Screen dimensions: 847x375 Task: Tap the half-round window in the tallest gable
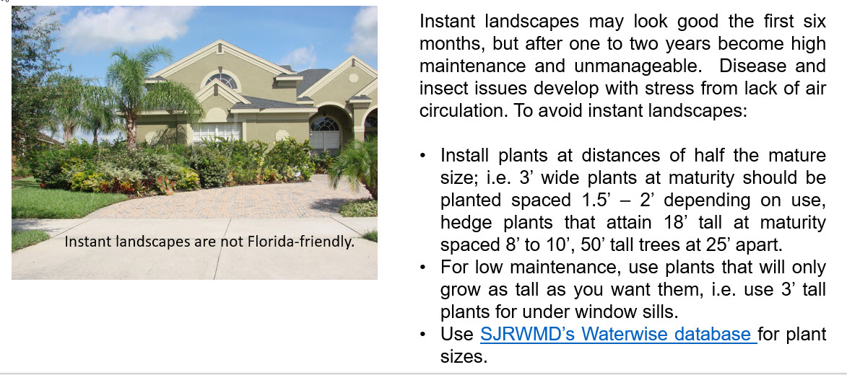point(222,81)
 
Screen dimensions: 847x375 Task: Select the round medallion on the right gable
point(353,78)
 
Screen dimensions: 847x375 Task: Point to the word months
point(453,44)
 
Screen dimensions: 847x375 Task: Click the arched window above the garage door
point(324,125)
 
